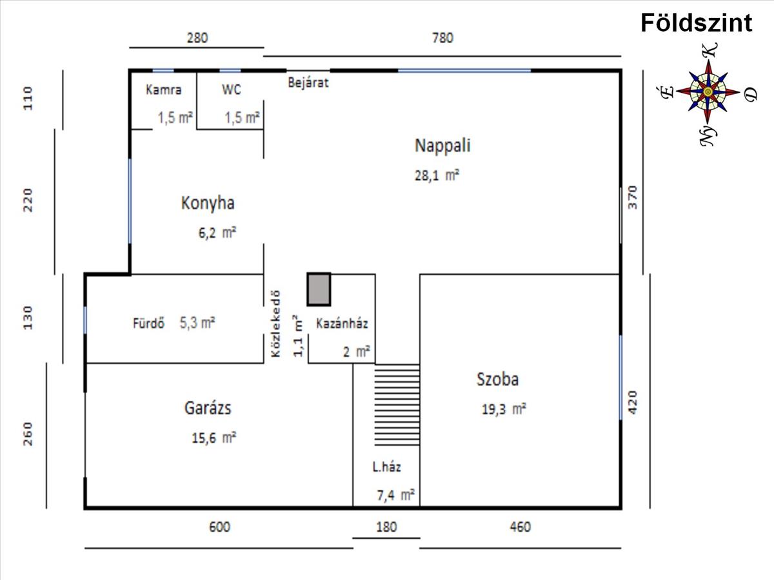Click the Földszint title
coord(697,23)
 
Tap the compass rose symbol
coord(708,92)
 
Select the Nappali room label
coord(442,146)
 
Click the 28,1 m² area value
coord(437,175)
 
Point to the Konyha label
coord(208,203)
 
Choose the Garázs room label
coord(208,408)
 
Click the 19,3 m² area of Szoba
coord(504,409)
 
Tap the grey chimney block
coord(319,289)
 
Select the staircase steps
coord(397,405)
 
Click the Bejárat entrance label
coord(308,82)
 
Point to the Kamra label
coord(164,90)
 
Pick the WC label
coord(232,90)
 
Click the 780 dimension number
coord(443,37)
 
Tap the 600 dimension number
coord(220,527)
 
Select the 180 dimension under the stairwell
coord(387,527)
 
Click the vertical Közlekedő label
coord(276,324)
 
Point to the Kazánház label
coord(342,324)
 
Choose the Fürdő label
coord(148,323)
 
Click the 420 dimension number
coord(633,402)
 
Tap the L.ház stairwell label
coord(387,467)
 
